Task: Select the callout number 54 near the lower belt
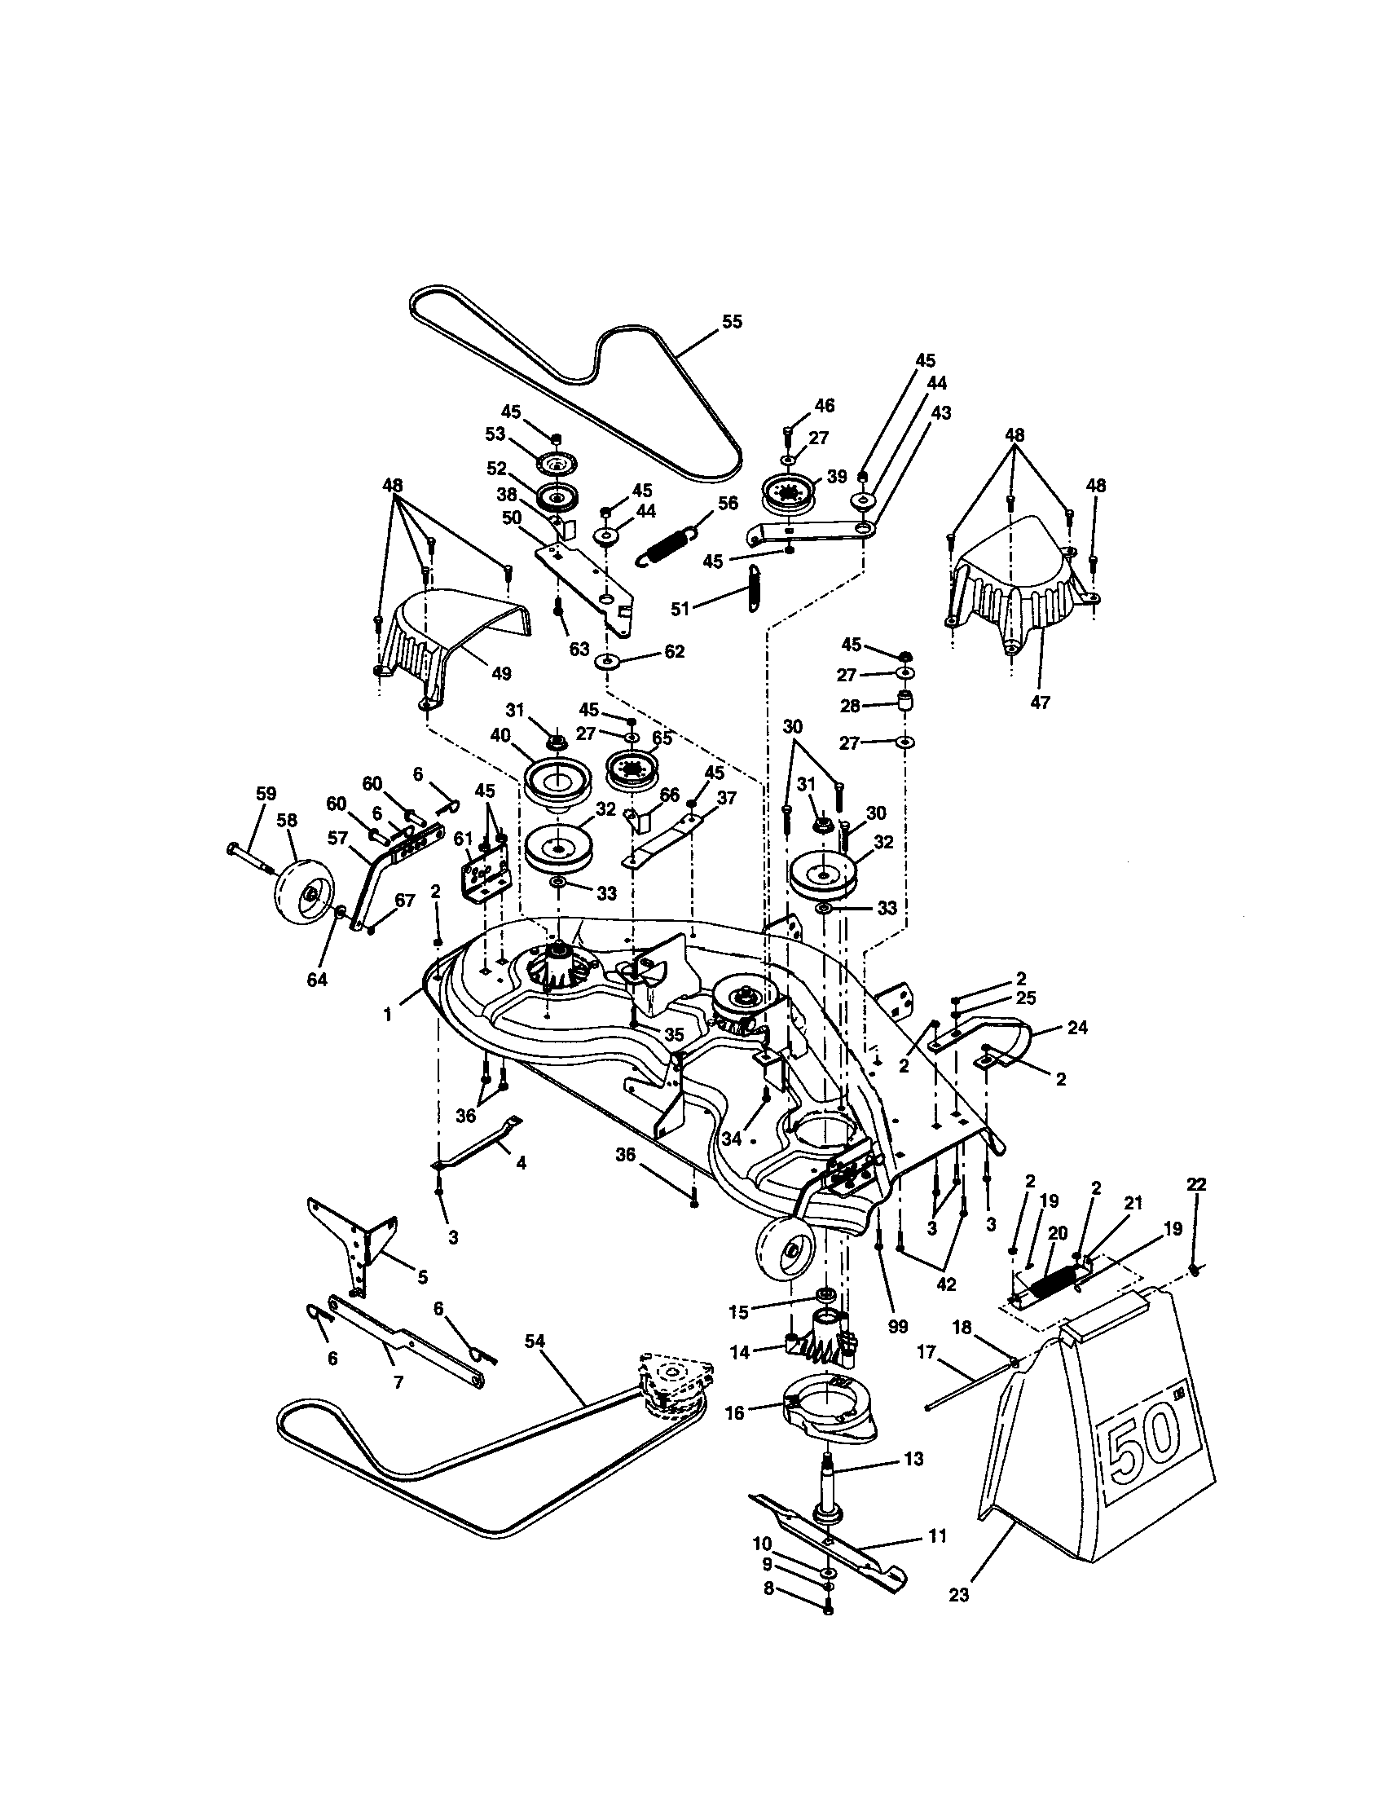click(535, 1341)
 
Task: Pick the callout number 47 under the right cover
click(1039, 703)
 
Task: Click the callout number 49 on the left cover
click(500, 673)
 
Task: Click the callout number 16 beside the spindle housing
click(734, 1412)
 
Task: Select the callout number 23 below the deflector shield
click(958, 1618)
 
